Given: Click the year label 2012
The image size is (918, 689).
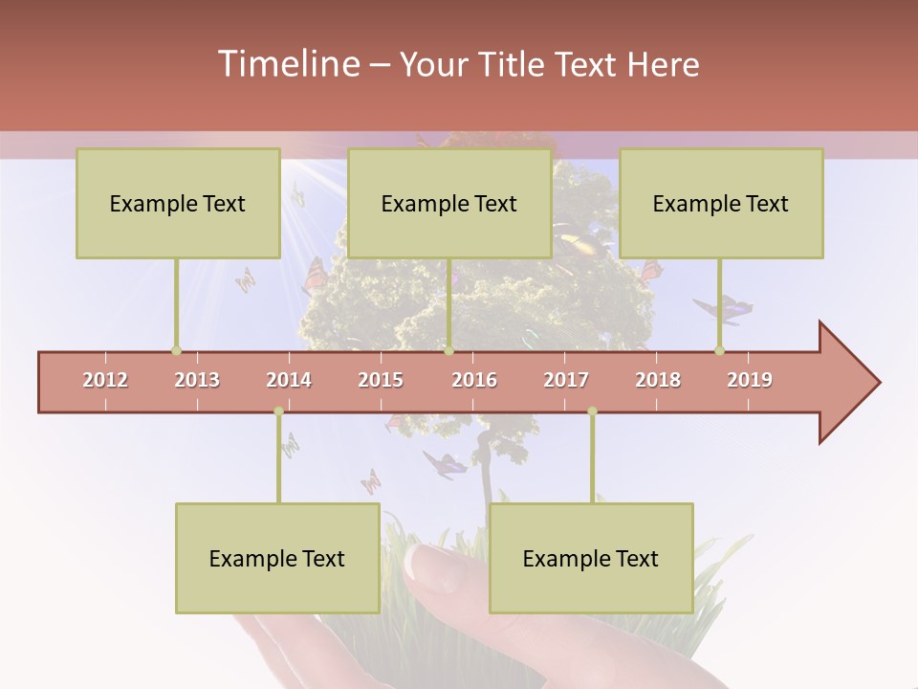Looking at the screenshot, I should coord(105,380).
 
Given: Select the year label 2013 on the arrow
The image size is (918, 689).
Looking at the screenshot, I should coord(197,380).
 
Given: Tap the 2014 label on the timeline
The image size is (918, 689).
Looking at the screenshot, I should coord(289,380).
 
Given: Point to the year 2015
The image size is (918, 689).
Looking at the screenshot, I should coord(381,380).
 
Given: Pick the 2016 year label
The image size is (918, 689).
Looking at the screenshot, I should coord(474,380).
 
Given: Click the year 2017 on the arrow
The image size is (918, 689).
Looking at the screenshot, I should coord(566,380).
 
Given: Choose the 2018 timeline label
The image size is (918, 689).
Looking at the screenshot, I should coord(658,380).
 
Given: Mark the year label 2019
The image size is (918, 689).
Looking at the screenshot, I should coord(750,380).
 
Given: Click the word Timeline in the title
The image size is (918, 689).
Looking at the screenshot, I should coord(287,64).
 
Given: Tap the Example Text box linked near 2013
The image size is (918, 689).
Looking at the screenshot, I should coord(178,203).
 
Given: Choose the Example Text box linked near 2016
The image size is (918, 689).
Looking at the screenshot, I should coord(449,203).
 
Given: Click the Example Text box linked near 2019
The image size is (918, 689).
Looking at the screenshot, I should coord(721,203).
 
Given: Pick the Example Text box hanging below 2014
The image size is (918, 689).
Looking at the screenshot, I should coord(277,558).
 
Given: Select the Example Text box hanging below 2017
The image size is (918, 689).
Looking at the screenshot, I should coord(591,558).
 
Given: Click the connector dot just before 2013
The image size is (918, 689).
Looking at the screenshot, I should coord(176,350).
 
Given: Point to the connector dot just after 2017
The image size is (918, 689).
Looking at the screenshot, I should coord(592,411).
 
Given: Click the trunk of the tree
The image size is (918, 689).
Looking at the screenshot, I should coord(483,469).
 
